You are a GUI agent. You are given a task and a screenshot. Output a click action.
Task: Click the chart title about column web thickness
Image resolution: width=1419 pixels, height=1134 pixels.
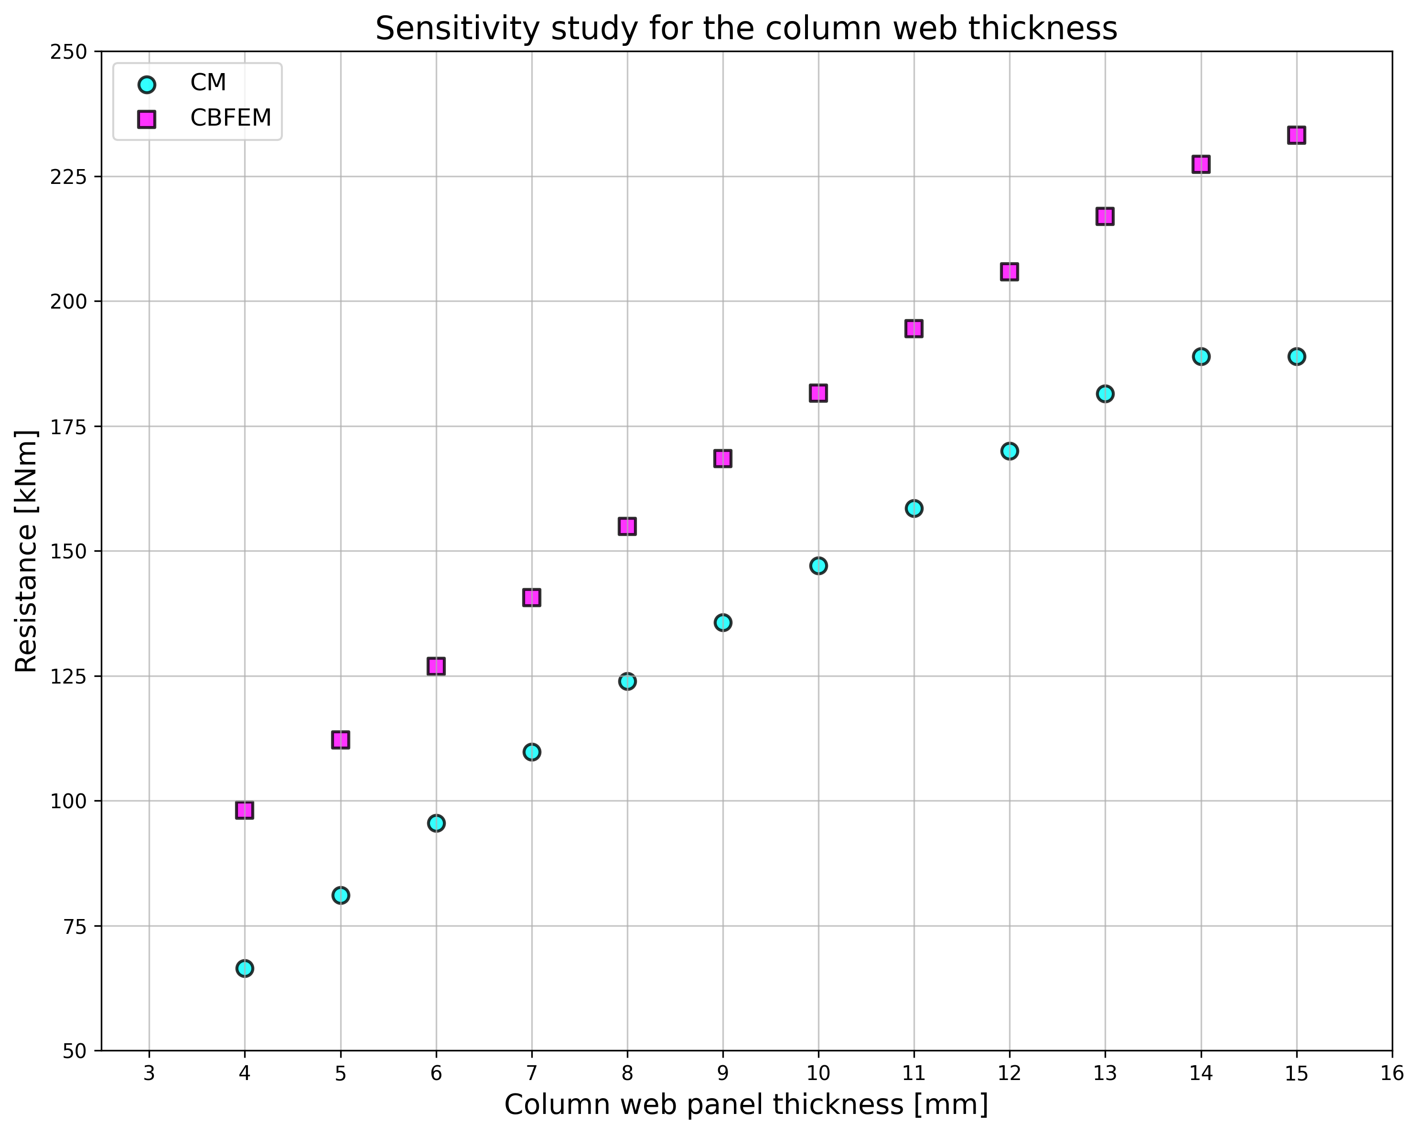[x=746, y=29]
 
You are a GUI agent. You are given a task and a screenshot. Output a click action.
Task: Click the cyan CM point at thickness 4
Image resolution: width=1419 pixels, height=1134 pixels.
[x=245, y=968]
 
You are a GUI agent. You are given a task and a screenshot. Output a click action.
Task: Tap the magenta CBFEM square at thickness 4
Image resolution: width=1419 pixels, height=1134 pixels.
[x=245, y=810]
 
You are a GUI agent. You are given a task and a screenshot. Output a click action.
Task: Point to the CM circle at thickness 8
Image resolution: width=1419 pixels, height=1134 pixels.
[x=627, y=681]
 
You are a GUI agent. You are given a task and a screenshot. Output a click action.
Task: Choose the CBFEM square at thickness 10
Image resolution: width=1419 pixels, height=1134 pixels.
[x=818, y=394]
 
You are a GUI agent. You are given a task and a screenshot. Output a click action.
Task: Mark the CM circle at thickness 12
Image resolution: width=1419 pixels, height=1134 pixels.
[x=1010, y=451]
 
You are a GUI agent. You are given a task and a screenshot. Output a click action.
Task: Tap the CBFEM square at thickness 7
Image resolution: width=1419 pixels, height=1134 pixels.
[x=532, y=598]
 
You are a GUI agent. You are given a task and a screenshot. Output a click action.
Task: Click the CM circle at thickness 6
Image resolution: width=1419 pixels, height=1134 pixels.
[x=436, y=824]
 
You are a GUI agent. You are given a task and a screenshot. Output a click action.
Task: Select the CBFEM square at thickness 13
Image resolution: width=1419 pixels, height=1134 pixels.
[x=1105, y=216]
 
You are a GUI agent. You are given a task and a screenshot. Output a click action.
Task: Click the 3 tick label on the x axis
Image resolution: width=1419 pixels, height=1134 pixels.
[x=150, y=1075]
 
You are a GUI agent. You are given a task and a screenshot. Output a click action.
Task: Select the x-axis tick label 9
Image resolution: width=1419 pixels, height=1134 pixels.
[x=723, y=1075]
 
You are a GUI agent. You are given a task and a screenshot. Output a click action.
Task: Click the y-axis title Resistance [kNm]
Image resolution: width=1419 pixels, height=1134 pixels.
[x=26, y=551]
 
